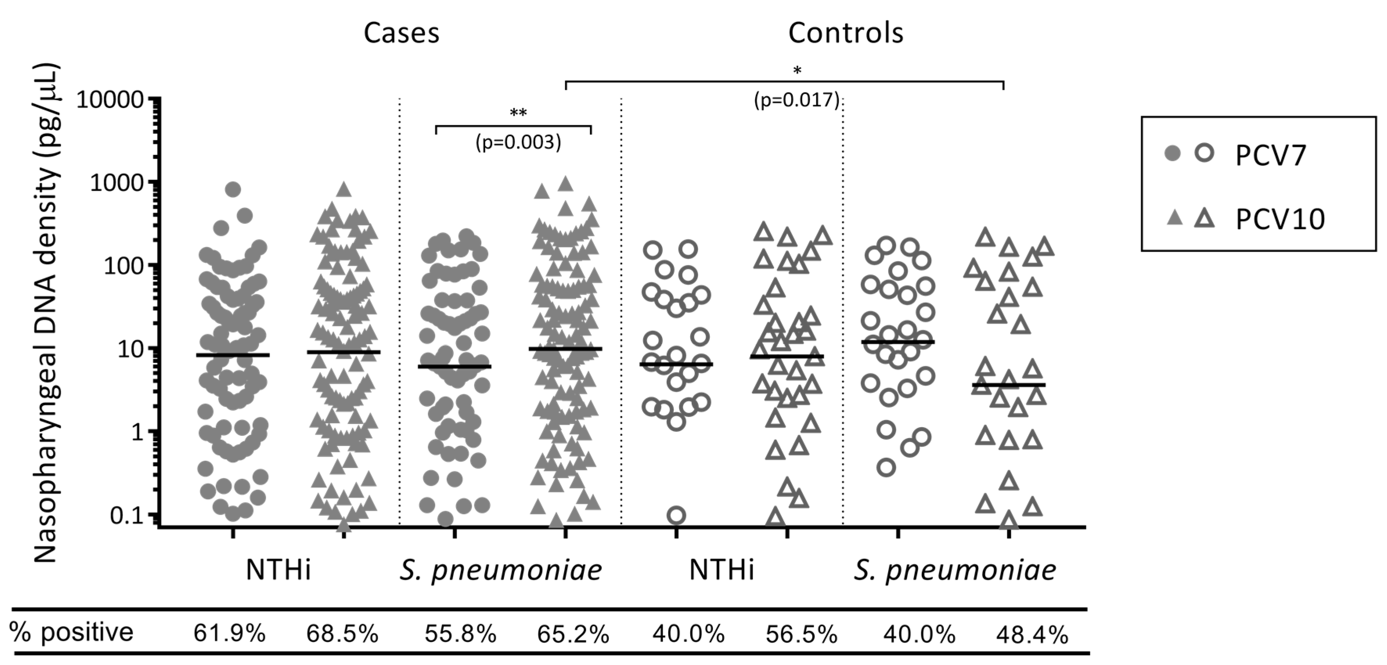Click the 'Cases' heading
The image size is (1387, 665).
[402, 33]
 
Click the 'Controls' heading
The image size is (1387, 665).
[846, 33]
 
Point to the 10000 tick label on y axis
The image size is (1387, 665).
[110, 100]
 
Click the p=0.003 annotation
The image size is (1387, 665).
[518, 142]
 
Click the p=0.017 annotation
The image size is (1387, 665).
[797, 100]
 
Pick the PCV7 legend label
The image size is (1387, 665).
[1271, 156]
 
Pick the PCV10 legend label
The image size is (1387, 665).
[1280, 220]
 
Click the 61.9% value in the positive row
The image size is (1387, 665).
[229, 634]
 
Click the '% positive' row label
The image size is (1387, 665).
[71, 632]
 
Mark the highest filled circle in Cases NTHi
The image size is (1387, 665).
[233, 189]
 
